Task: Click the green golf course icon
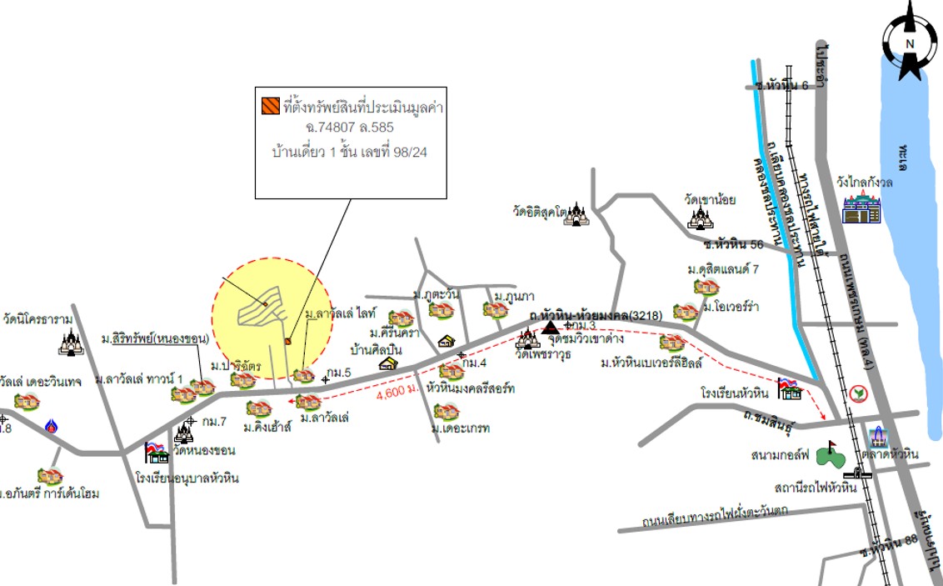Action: point(827,454)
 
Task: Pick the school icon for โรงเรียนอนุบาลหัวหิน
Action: point(156,452)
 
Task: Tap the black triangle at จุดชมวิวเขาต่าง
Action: point(550,328)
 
